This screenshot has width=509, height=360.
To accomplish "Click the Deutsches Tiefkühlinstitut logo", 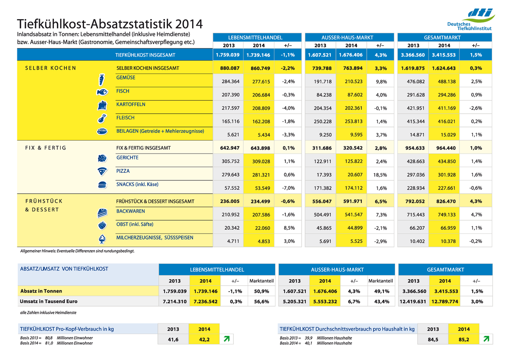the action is click(470, 20).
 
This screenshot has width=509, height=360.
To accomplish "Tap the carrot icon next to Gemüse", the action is click(101, 79).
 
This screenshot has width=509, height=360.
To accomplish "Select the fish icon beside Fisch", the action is click(102, 92).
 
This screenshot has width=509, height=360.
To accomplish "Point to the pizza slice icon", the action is click(102, 172).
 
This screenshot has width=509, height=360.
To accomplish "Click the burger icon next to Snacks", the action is click(102, 185).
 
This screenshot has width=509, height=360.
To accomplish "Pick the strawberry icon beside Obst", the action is click(102, 225).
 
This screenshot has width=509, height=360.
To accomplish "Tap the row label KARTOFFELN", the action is click(131, 104).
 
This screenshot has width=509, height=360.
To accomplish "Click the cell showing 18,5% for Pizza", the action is click(380, 174).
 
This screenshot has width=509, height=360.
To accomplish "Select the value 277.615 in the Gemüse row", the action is click(261, 82).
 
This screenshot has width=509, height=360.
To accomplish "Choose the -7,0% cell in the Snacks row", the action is click(288, 188).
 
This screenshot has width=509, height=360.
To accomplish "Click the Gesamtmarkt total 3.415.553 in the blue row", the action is click(444, 55).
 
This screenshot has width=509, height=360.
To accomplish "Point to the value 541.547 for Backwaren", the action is click(353, 215).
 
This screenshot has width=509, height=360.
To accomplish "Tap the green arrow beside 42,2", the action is click(227, 339).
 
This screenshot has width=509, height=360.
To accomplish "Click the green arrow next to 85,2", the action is click(486, 339).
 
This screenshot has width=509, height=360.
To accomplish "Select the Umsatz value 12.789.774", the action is click(445, 301).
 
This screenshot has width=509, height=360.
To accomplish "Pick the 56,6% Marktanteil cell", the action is click(262, 301).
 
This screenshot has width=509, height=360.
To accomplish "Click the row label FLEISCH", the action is click(125, 118).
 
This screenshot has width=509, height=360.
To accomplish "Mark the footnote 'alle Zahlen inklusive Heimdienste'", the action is click(48, 313).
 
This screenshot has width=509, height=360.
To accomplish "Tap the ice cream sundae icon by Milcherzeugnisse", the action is click(102, 239).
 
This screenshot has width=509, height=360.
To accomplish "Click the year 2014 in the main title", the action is click(189, 24).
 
